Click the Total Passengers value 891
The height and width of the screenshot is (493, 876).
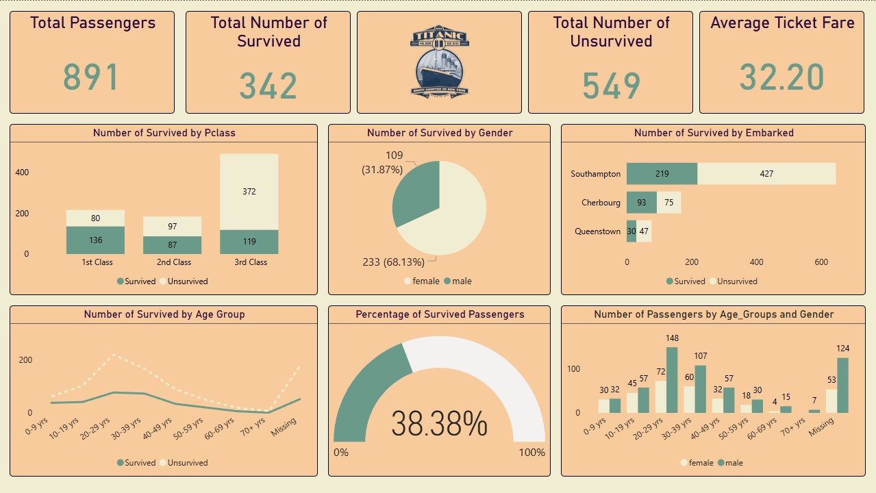pos(91,77)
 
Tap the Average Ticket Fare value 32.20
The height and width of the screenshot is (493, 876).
pos(781,77)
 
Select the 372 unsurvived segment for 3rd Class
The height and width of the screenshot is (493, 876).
pos(249,192)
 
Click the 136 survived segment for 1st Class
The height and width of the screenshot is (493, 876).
pos(95,240)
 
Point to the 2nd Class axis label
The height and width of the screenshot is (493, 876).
pos(174,262)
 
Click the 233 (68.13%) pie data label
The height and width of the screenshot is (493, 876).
pos(394,262)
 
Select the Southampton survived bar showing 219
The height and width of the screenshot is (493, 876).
pos(662,174)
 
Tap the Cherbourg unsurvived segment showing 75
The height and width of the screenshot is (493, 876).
pos(668,203)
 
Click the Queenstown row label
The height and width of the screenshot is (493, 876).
pos(597,231)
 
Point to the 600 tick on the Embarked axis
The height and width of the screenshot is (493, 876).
pos(821,262)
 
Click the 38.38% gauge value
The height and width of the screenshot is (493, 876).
pos(439,424)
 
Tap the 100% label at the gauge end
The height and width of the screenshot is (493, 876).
pos(531,453)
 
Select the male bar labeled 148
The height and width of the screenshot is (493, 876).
pos(671,380)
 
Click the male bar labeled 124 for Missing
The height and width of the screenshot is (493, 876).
pos(842,385)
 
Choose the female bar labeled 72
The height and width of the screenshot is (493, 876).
pos(660,396)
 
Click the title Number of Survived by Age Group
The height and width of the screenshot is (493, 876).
pos(164,314)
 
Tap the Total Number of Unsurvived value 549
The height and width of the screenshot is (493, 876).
pos(611,86)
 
